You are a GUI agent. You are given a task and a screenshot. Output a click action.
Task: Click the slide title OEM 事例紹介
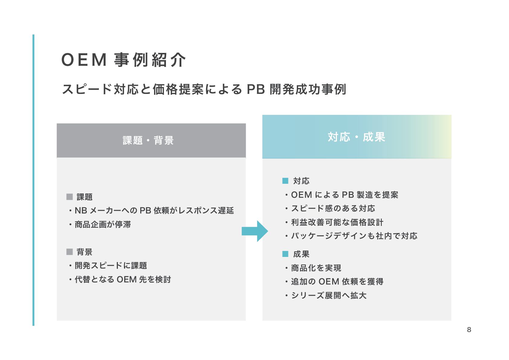pos(123,60)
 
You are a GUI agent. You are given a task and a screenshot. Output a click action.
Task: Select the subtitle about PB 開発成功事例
pos(204,89)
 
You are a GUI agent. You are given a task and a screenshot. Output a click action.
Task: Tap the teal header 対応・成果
pos(357,137)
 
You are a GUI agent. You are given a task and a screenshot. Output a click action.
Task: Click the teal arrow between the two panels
pos(255,231)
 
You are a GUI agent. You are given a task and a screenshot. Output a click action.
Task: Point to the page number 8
pos(469,329)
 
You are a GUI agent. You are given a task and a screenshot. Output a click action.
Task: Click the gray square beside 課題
pos(70,197)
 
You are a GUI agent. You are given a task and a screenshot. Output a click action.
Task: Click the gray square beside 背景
pos(70,252)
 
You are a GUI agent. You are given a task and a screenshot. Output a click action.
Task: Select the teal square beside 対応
pos(285,181)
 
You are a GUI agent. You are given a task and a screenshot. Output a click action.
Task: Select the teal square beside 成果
pos(285,254)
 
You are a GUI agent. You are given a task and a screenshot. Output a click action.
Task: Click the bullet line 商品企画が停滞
pos(102,225)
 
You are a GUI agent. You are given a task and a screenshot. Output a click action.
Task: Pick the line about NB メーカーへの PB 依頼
pos(154,211)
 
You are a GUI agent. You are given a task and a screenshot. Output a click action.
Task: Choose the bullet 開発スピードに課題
pos(111,266)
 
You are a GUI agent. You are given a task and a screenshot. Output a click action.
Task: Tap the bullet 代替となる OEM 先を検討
pos(123,280)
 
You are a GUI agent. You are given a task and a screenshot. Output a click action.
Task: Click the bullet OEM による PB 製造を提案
pos(344,195)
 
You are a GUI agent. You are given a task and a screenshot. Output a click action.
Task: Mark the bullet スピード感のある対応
pos(333,209)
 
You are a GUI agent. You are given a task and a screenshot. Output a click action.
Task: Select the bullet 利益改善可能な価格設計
pos(337,222)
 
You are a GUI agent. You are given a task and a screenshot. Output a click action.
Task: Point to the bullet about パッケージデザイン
pos(354,236)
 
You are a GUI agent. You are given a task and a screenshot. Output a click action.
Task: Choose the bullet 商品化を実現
pos(316,268)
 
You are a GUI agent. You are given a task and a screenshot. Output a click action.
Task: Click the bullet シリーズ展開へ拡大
pos(329,296)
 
